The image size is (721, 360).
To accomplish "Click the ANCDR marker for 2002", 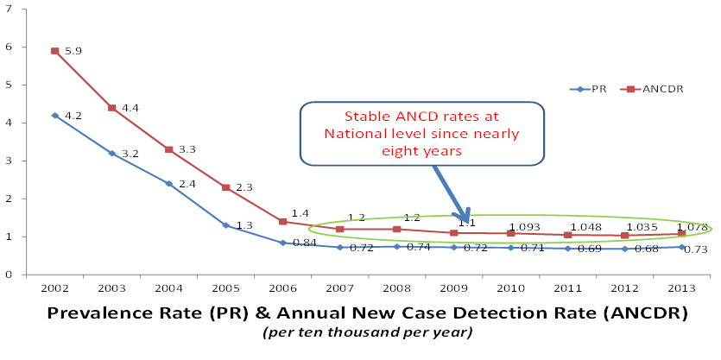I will [x=54, y=51].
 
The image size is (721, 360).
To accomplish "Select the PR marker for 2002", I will [x=54, y=115].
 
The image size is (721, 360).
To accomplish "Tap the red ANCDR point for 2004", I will [x=168, y=149].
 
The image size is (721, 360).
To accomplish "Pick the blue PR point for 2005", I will [x=225, y=225].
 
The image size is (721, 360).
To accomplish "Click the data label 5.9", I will [x=73, y=52].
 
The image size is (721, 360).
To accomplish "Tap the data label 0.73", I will [x=696, y=249].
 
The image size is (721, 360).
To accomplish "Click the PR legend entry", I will [x=596, y=89].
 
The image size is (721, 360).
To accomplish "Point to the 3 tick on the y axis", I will [x=9, y=161].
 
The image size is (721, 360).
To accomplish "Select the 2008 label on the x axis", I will [x=396, y=287].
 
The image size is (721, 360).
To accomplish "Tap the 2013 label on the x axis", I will [x=681, y=287].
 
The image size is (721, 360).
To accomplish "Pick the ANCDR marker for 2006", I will [x=282, y=222].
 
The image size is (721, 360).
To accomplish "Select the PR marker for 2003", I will [x=111, y=153].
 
